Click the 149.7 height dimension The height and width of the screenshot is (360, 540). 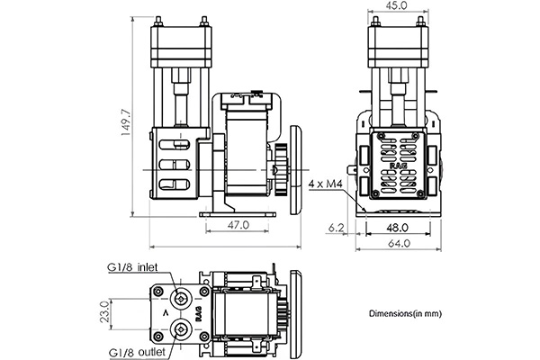126,122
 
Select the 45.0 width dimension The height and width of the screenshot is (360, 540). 397,5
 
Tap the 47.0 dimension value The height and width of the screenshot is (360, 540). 238,225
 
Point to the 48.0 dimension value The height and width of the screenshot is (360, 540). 398,228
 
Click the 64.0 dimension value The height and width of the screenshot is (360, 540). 399,243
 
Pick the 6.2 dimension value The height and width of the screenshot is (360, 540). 336,228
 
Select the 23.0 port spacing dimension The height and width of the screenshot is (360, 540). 104,311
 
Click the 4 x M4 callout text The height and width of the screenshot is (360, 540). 325,184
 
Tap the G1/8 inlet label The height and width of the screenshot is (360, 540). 133,267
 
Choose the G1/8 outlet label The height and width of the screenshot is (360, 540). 137,353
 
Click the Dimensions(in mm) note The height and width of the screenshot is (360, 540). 405,313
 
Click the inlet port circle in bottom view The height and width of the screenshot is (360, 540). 181,299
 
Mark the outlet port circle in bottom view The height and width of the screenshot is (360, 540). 181,330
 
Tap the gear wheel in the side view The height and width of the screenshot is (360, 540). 281,170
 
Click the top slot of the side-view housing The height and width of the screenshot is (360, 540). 175,145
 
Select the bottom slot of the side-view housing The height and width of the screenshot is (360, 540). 175,184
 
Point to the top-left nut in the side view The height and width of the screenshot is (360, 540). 158,22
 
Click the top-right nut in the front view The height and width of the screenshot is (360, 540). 420,22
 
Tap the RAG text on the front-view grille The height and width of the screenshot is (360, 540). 398,166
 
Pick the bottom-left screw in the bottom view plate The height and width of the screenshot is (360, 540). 158,337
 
